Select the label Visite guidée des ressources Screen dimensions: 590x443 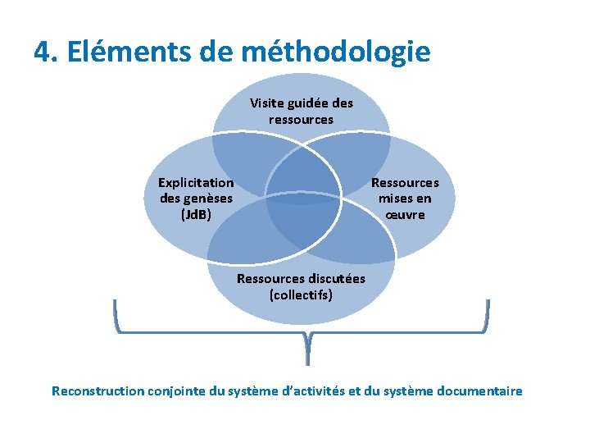[x=301, y=111]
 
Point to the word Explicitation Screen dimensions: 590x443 [x=196, y=182]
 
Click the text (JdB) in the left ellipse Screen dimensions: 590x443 [x=196, y=214]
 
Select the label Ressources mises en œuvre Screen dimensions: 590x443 [x=405, y=199]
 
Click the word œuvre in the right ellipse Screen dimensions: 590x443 [x=405, y=215]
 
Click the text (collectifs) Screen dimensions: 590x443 [x=301, y=294]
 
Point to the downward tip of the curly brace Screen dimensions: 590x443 [x=307, y=361]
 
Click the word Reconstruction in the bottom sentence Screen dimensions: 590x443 [x=98, y=391]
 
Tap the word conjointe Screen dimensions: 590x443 [x=177, y=391]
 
